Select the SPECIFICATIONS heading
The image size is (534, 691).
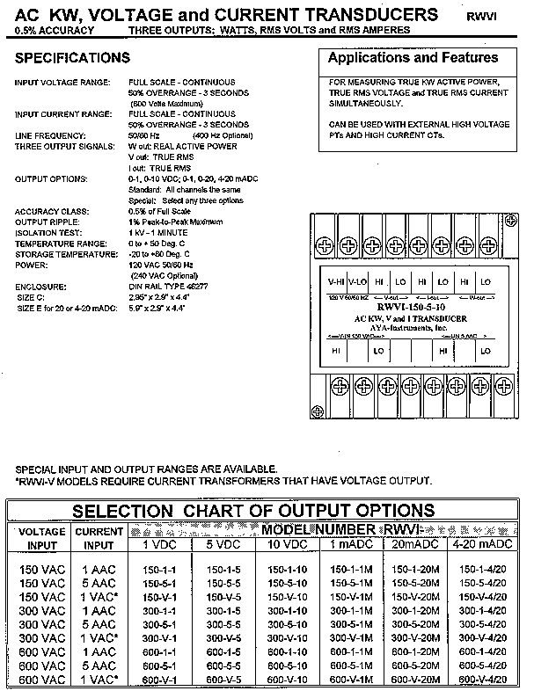[72, 58]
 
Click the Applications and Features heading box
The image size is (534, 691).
[413, 58]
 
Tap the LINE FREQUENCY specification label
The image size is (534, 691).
[49, 135]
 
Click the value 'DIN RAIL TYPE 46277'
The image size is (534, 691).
[170, 286]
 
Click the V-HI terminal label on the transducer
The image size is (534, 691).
[335, 281]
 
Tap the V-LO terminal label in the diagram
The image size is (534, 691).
[356, 281]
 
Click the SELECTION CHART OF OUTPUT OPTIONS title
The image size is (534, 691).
[252, 511]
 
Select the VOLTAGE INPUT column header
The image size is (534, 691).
[41, 538]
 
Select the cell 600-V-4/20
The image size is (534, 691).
[482, 680]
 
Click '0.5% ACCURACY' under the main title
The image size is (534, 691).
[52, 31]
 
